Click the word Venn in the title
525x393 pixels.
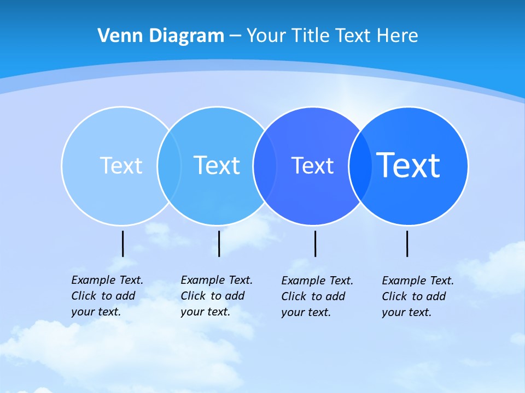116,35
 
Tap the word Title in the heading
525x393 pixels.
309,35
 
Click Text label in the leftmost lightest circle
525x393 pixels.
121,165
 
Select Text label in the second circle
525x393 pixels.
217,165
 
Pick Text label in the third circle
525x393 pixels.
312,166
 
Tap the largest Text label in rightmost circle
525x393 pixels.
409,165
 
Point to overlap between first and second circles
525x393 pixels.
169,166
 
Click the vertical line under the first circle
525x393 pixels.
122,243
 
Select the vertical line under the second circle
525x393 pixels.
219,243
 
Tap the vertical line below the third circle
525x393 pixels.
315,243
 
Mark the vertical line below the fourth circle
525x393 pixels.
407,243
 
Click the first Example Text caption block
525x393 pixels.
107,296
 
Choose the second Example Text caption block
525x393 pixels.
216,296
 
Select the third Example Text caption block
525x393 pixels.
317,296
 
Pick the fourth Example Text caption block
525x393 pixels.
417,296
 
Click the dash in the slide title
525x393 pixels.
235,37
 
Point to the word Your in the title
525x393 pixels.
266,35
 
